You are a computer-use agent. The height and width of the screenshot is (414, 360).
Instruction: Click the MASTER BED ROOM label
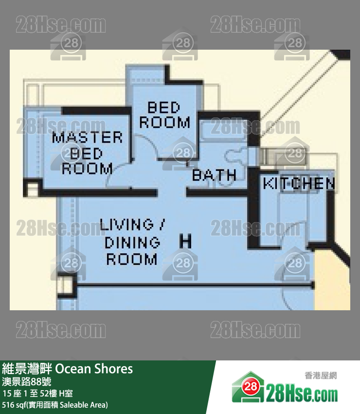(88, 153)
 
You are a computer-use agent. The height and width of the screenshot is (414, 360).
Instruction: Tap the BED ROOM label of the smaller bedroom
(164, 115)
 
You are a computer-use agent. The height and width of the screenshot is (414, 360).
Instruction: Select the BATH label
(214, 175)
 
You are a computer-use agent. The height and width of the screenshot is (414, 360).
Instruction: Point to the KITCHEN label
(299, 184)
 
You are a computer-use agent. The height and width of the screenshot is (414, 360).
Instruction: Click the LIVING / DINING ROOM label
(132, 242)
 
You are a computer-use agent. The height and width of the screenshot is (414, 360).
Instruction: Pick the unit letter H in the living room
(185, 241)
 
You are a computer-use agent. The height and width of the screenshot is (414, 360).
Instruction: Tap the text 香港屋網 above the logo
(321, 376)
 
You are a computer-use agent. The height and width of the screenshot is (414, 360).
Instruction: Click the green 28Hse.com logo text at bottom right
(302, 393)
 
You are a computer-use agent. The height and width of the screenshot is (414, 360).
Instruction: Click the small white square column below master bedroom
(31, 188)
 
